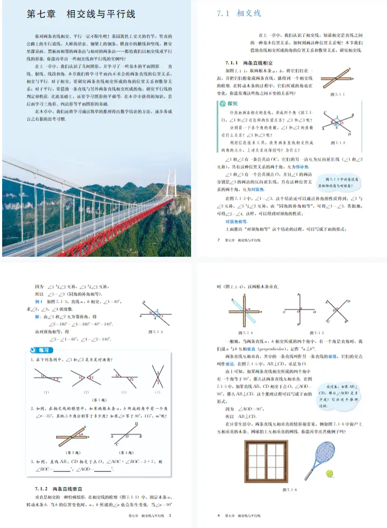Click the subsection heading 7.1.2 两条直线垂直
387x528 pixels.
point(58,489)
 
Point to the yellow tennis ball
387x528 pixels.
point(330,473)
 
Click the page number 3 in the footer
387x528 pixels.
point(170,516)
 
